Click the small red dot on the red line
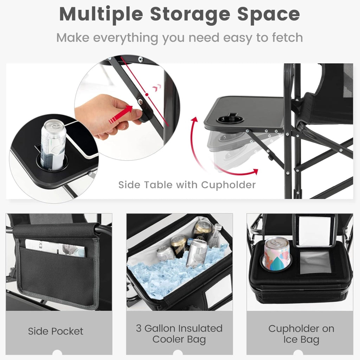(x=147, y=94)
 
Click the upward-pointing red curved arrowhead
(x=195, y=120)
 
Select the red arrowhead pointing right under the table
(x=255, y=172)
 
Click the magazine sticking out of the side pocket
(x=55, y=248)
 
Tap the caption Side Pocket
(x=56, y=331)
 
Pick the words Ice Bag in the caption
(x=301, y=340)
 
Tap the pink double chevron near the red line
(x=157, y=88)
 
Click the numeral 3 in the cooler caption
(x=139, y=328)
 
